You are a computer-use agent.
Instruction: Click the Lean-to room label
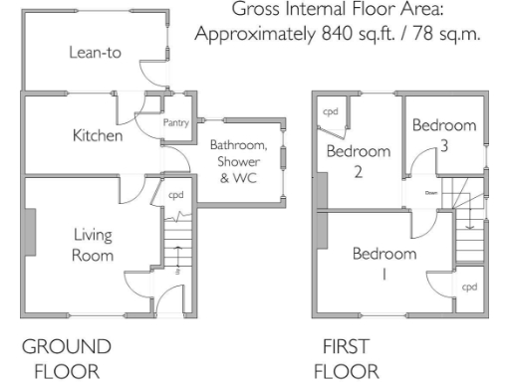[x=95, y=53]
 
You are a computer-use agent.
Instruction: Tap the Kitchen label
[x=98, y=135]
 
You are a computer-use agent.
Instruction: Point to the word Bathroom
[x=236, y=146]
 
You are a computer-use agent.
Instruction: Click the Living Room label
[x=93, y=245]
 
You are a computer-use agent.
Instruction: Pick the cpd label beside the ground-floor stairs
[x=175, y=195]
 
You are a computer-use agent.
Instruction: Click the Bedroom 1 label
[x=384, y=264]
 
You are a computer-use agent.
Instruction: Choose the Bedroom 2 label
[x=359, y=160]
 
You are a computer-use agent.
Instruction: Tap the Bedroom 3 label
[x=444, y=135]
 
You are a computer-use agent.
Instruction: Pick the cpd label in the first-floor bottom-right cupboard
[x=469, y=286]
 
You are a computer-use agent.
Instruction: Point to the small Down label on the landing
[x=431, y=192]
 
